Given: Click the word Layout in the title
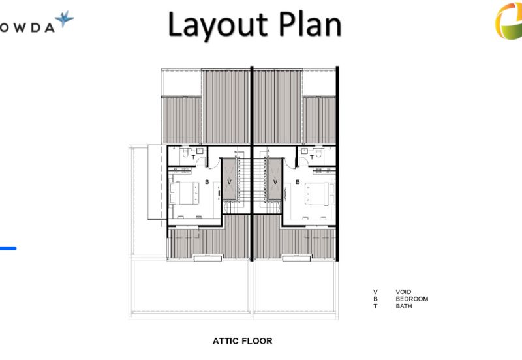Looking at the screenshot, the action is pyautogui.click(x=218, y=25).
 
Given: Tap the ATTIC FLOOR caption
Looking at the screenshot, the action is pyautogui.click(x=242, y=341).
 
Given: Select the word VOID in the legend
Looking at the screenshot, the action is pyautogui.click(x=403, y=292).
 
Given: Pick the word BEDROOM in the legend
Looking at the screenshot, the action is pyautogui.click(x=412, y=299).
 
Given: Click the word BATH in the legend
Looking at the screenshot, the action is pyautogui.click(x=404, y=306).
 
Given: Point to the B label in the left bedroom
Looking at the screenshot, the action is pyautogui.click(x=207, y=182).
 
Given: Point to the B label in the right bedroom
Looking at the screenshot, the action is pyautogui.click(x=298, y=182).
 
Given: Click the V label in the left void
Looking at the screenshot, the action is pyautogui.click(x=229, y=182).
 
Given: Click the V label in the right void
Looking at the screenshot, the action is pyautogui.click(x=275, y=182).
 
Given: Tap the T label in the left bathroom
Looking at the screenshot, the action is pyautogui.click(x=193, y=157).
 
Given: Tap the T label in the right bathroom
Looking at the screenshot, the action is pyautogui.click(x=312, y=157).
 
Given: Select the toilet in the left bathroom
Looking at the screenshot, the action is pyautogui.click(x=185, y=153).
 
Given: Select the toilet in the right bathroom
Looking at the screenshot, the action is pyautogui.click(x=319, y=153).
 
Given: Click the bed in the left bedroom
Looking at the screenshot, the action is pyautogui.click(x=185, y=193).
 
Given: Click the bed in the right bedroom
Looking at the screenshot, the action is pyautogui.click(x=320, y=193).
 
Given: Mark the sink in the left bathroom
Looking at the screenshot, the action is pyautogui.click(x=200, y=151).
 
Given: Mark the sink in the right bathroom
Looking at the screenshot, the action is pyautogui.click(x=304, y=151).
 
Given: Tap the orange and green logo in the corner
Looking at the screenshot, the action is pyautogui.click(x=509, y=21).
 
